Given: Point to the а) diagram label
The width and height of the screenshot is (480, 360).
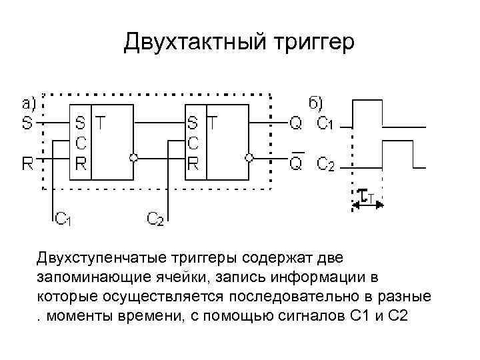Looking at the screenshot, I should click(29, 103).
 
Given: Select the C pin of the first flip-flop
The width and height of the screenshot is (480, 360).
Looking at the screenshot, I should click(79, 142).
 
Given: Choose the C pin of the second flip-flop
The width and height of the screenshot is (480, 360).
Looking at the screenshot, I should click(193, 142).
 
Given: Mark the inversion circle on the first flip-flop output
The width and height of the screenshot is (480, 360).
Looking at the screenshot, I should click(134, 158).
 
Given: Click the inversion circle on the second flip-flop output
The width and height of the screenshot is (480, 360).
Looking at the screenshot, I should click(248, 158).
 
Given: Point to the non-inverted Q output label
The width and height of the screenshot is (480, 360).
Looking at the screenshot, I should click(296, 123).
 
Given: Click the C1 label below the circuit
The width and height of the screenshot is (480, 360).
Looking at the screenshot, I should click(65, 219).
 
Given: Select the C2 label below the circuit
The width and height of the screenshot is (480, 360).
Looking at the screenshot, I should click(155, 219).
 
